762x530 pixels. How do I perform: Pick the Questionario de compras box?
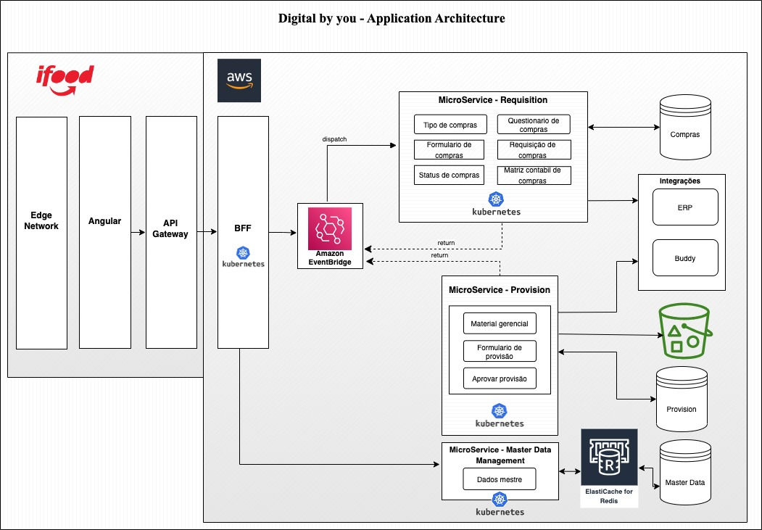[533, 125]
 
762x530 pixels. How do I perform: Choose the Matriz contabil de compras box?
[533, 175]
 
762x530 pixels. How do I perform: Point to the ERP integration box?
[685, 207]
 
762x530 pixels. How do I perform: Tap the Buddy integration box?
[685, 258]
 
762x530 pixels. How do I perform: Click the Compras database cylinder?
[684, 128]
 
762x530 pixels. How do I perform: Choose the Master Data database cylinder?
[684, 475]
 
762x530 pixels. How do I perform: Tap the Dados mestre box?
[500, 479]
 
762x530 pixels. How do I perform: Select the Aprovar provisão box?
[500, 378]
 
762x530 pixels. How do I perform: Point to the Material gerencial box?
[500, 323]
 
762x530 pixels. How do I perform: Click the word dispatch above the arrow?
[334, 138]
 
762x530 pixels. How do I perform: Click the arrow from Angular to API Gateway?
[138, 232]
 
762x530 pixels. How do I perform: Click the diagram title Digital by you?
[392, 18]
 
